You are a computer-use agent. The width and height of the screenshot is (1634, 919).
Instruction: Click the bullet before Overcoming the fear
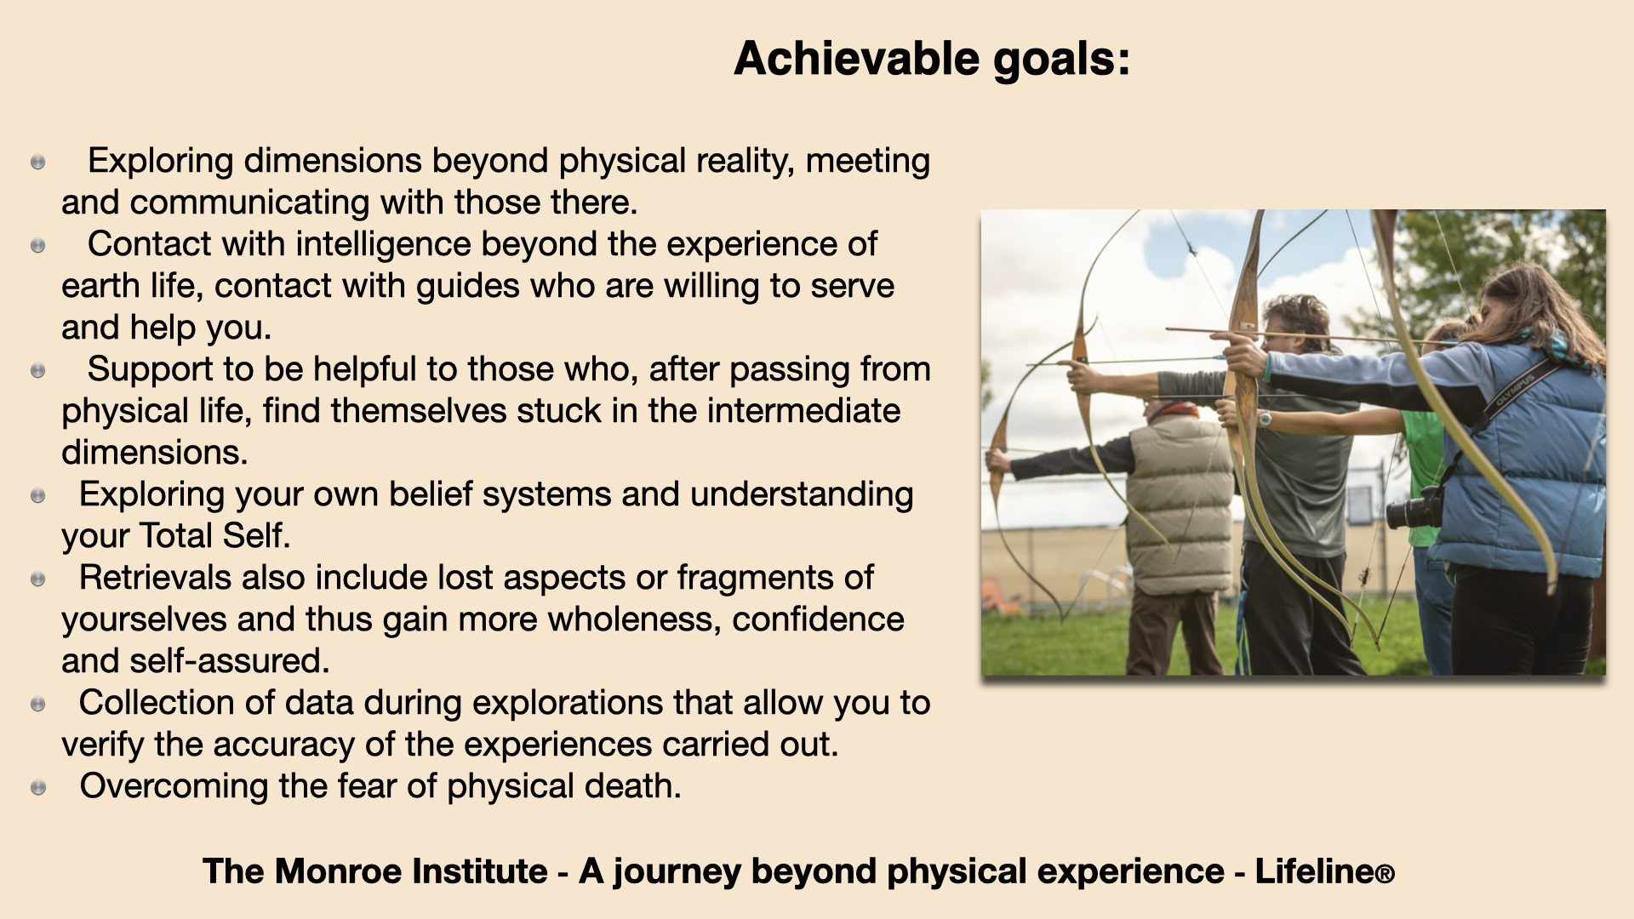[38, 787]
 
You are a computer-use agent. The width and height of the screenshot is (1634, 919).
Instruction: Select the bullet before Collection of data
[38, 704]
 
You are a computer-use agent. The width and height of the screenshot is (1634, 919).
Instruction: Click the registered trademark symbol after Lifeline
[1385, 875]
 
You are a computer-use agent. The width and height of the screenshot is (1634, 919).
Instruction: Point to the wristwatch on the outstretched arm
[1265, 419]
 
